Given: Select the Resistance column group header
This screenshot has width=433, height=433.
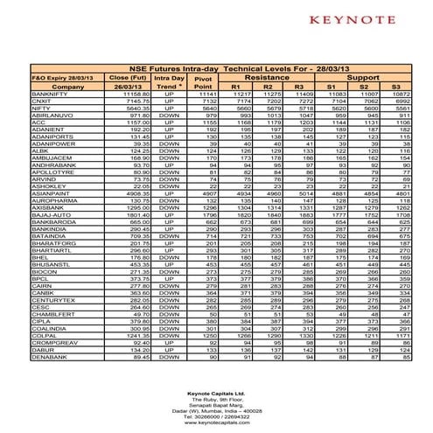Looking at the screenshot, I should [269, 77].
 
